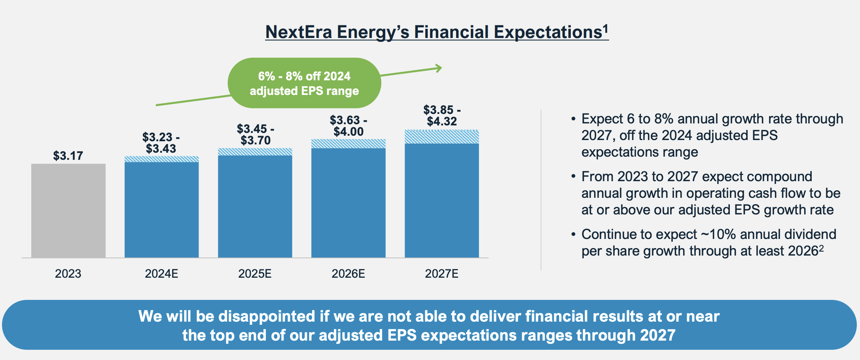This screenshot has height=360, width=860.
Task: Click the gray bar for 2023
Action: [x=68, y=210]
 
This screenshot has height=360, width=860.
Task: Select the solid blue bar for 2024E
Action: [x=161, y=210]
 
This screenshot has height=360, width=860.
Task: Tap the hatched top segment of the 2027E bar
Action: [x=441, y=137]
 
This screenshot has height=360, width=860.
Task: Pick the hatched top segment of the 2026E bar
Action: [x=348, y=144]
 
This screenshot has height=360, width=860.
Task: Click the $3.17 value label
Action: [x=68, y=156]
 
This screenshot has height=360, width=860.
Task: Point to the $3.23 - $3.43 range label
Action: [x=161, y=143]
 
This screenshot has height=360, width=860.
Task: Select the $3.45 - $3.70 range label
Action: [x=255, y=135]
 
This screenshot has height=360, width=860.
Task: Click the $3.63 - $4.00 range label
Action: [x=348, y=126]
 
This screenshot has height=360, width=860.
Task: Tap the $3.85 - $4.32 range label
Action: [x=442, y=116]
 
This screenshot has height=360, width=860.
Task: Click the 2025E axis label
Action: [x=255, y=274]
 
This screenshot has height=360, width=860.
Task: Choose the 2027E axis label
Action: [x=441, y=274]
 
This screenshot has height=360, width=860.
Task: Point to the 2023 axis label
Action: [x=68, y=274]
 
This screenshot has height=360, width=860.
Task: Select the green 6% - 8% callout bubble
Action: [x=304, y=83]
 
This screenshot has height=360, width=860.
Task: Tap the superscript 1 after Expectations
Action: [x=605, y=28]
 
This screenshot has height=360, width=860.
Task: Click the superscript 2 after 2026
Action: [x=821, y=248]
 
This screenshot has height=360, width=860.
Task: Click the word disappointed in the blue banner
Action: [x=267, y=316]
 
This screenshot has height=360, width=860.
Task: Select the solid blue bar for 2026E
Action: [x=348, y=203]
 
